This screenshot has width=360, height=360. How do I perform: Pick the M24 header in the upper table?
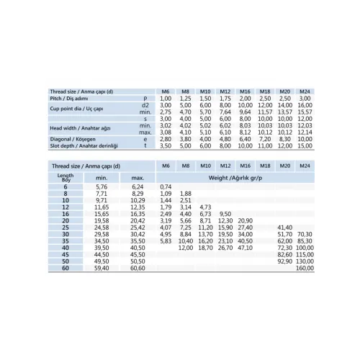pos(305,91)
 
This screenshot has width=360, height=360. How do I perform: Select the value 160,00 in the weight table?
pos(305,268)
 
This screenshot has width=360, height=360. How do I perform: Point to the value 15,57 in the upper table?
pos(305,112)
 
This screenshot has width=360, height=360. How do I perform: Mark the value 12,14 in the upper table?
pos(305,132)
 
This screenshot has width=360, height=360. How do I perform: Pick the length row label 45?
pos(66,254)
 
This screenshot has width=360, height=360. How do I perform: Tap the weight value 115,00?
pos(305,254)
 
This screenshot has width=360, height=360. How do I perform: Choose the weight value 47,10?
pos(245,248)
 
